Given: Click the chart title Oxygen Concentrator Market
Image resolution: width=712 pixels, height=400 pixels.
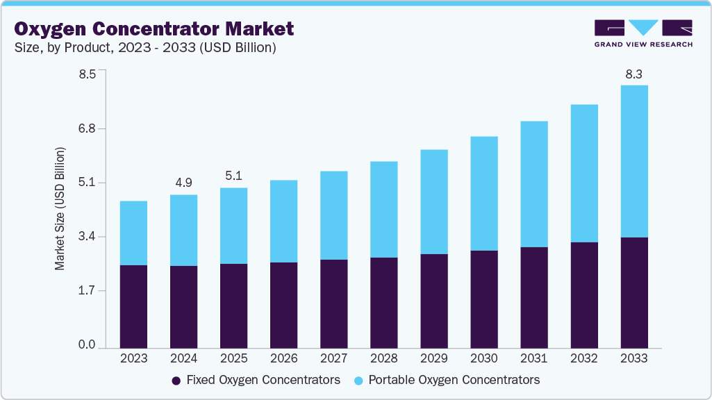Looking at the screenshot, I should tap(154, 28).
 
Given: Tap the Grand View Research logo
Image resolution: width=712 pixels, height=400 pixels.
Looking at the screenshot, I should tap(643, 33).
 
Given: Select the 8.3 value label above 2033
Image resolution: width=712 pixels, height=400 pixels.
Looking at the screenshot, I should tap(634, 74).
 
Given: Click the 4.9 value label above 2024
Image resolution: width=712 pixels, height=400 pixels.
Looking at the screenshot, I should tap(183, 183).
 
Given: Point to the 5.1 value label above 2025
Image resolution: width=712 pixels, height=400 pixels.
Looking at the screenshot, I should tap(233, 176).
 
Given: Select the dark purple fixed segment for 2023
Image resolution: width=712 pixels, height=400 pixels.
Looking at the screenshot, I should tap(133, 306).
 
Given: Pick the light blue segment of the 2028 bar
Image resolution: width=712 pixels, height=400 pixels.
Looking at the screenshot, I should tap(383, 209).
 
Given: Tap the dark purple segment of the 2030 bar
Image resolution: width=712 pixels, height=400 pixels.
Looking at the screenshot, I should tap(483, 299).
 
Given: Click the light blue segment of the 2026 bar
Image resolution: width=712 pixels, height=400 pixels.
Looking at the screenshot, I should tap(283, 221).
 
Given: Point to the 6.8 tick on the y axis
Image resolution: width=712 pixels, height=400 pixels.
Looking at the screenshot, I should tap(87, 128).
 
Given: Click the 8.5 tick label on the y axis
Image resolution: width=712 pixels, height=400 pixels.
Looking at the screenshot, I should tap(87, 74).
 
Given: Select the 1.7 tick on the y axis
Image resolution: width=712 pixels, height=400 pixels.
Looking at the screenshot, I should tap(87, 290).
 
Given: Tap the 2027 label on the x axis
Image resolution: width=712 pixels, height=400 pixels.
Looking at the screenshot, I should tap(333, 358).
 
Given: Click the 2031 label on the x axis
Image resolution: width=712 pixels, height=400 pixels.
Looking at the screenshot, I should tap(533, 358).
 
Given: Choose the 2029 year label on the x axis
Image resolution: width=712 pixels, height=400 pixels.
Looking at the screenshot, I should tap(433, 358).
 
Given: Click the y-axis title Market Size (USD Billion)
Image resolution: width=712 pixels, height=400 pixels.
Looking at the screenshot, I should tap(60, 208).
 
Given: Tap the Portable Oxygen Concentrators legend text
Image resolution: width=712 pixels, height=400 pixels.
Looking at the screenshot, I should tap(454, 380).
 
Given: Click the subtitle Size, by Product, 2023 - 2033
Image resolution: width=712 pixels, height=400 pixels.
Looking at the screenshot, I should tap(145, 48).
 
